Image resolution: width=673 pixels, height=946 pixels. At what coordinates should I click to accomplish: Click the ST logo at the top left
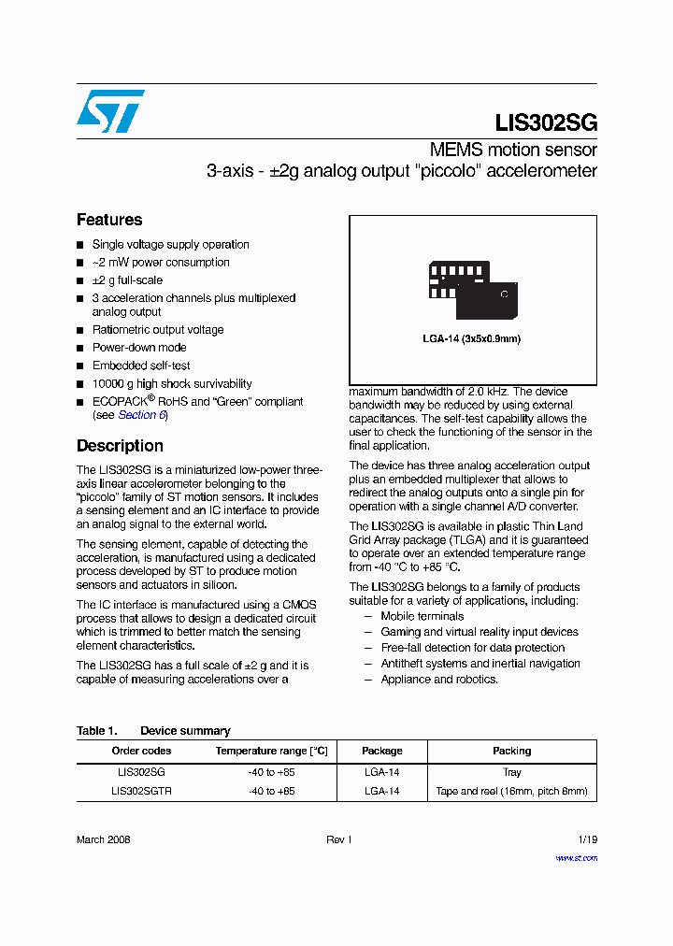[111, 111]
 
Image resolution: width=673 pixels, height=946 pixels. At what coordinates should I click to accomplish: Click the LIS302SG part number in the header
[546, 122]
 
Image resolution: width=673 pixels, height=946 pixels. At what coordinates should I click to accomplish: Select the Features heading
[109, 220]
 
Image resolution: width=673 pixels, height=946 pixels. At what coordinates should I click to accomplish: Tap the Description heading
[120, 446]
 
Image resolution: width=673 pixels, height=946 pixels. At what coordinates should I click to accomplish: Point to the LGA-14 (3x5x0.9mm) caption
[472, 338]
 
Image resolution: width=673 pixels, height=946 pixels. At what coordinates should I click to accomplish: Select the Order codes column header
[141, 751]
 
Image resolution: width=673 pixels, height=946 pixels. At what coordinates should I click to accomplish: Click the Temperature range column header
[272, 751]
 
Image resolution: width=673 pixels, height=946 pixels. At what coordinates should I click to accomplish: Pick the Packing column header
[511, 751]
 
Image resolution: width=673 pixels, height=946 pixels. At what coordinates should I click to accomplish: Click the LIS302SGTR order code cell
[141, 791]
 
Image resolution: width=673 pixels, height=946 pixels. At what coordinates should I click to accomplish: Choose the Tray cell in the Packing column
[511, 772]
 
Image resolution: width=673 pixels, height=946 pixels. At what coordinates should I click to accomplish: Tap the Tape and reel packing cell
[511, 791]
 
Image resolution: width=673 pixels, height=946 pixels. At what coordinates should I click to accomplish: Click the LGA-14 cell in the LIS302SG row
[381, 772]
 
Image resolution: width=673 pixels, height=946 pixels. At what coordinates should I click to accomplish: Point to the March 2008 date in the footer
[103, 839]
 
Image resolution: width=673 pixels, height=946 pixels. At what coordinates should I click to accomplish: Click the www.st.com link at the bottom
[576, 857]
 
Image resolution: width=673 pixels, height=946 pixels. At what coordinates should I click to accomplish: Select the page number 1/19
[587, 839]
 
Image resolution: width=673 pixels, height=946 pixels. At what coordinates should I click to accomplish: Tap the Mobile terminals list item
[422, 616]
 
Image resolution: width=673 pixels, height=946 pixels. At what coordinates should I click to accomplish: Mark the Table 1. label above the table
[96, 731]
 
